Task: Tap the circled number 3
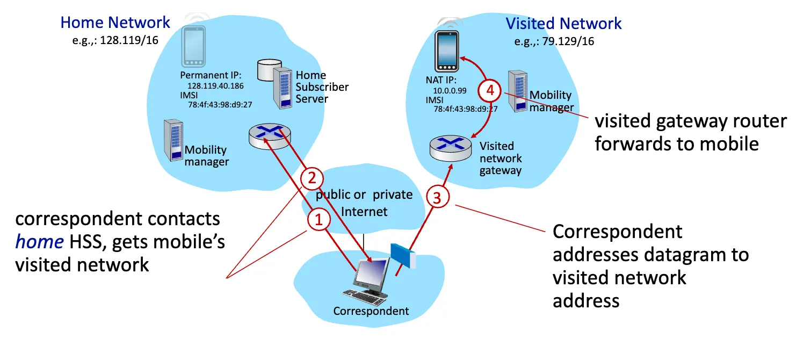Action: pos(437,198)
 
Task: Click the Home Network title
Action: pos(115,23)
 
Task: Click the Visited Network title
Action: pos(563,24)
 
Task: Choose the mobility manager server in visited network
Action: pos(519,91)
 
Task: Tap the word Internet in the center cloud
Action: pos(364,211)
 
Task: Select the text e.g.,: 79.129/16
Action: pos(554,41)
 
